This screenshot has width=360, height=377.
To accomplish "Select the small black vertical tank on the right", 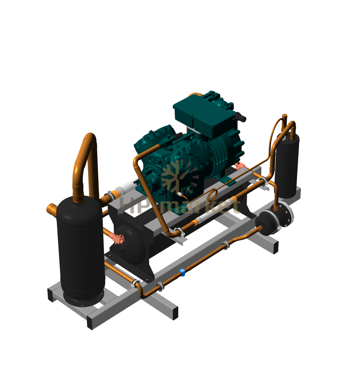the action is coord(287,166).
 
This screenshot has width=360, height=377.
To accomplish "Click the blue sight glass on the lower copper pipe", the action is coord(182,272).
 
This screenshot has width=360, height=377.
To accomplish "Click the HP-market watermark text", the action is coord(180,206).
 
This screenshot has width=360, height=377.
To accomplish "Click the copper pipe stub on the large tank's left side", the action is coord(52,210).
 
